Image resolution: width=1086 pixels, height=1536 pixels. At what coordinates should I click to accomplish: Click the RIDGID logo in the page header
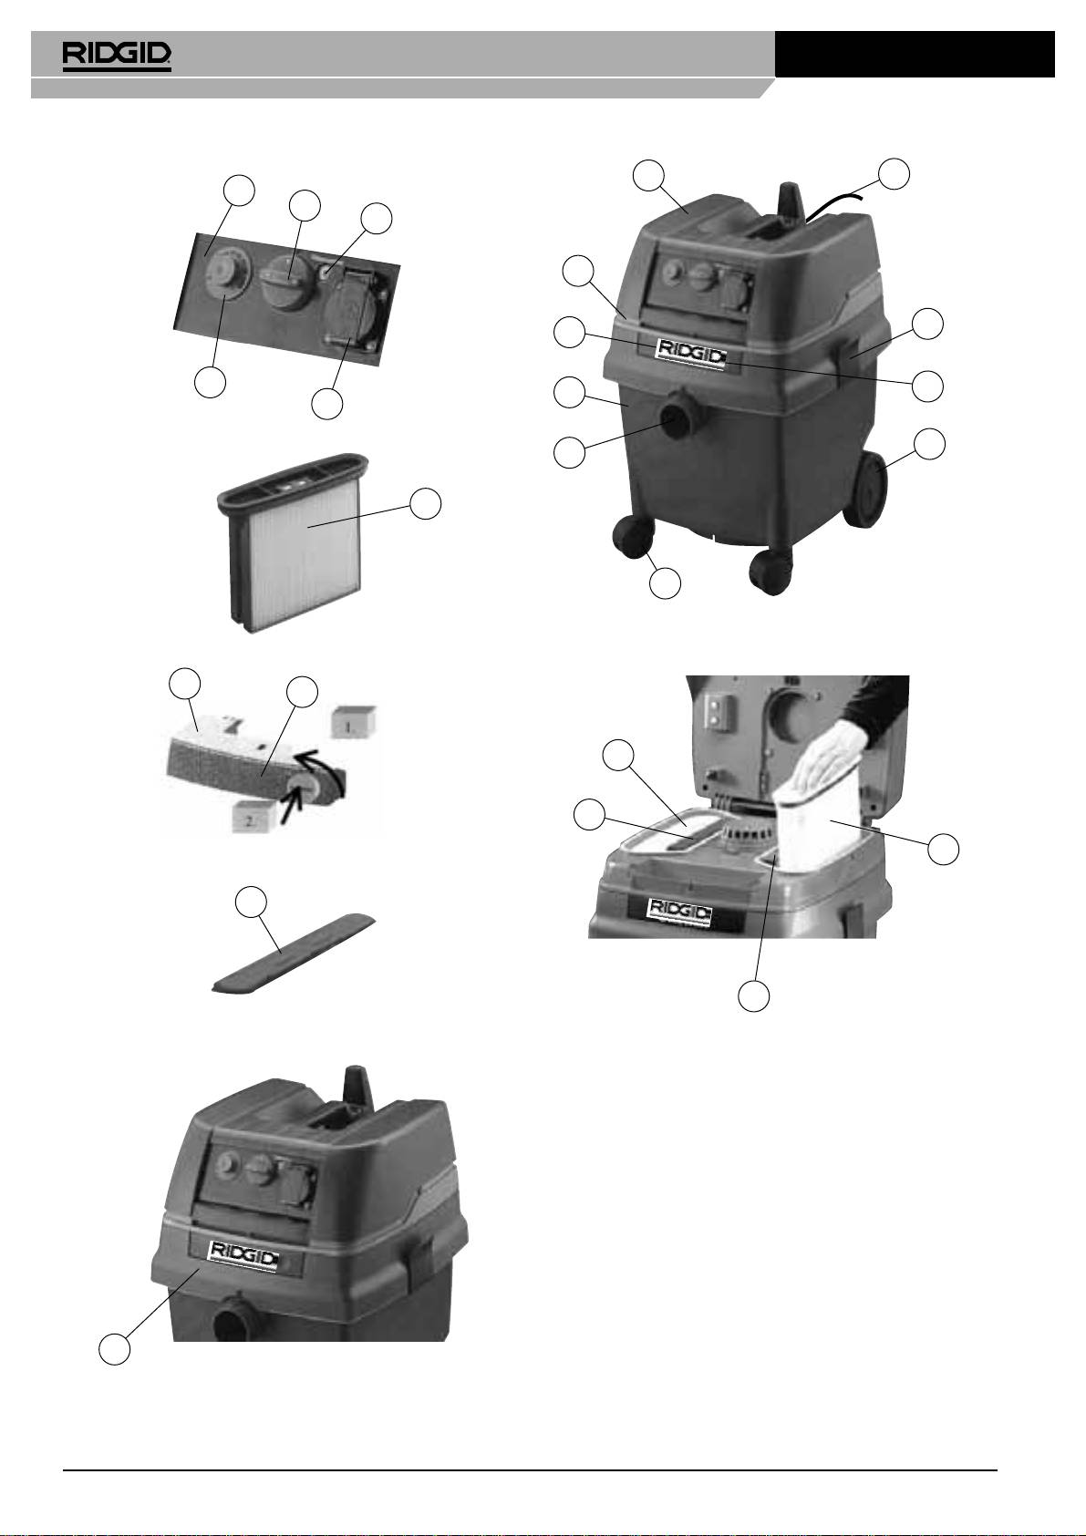tap(117, 57)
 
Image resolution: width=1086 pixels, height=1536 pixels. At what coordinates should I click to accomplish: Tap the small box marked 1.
tap(353, 723)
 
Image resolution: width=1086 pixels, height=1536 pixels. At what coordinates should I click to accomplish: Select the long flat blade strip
tap(293, 953)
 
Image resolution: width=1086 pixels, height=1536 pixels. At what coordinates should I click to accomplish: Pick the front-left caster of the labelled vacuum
tap(633, 536)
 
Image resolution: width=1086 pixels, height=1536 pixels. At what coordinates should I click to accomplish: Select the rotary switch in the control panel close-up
tap(284, 281)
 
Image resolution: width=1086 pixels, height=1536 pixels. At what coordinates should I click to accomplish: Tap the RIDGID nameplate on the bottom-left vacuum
tap(244, 1253)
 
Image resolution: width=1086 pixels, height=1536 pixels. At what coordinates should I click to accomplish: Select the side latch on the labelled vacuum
tap(850, 356)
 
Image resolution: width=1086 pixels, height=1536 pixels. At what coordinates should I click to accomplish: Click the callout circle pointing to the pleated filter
tap(425, 504)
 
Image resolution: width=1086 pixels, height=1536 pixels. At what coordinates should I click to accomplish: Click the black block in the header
tap(915, 54)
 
